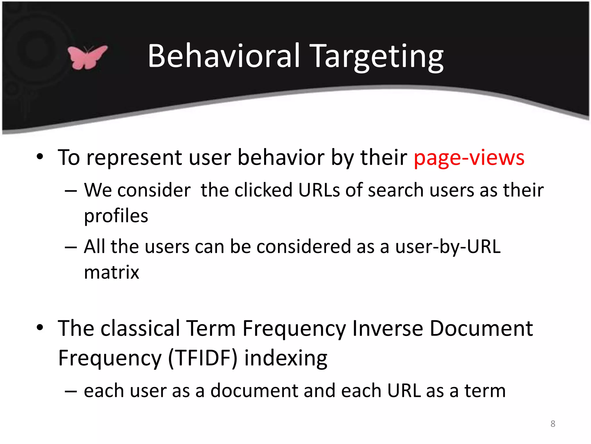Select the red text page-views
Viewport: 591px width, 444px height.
(x=469, y=158)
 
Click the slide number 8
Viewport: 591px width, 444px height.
(x=553, y=424)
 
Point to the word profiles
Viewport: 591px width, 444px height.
(x=116, y=216)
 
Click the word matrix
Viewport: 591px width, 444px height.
(x=112, y=272)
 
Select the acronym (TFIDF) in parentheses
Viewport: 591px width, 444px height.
(x=203, y=358)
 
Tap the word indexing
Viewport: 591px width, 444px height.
(x=286, y=358)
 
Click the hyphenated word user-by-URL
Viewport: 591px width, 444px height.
(x=448, y=247)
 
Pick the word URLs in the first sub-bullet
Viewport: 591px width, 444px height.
(x=319, y=190)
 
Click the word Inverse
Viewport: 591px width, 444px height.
(x=388, y=329)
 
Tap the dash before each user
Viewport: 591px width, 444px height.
(x=71, y=391)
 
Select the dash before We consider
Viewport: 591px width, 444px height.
(x=71, y=191)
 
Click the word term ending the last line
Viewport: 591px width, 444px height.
(x=485, y=391)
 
